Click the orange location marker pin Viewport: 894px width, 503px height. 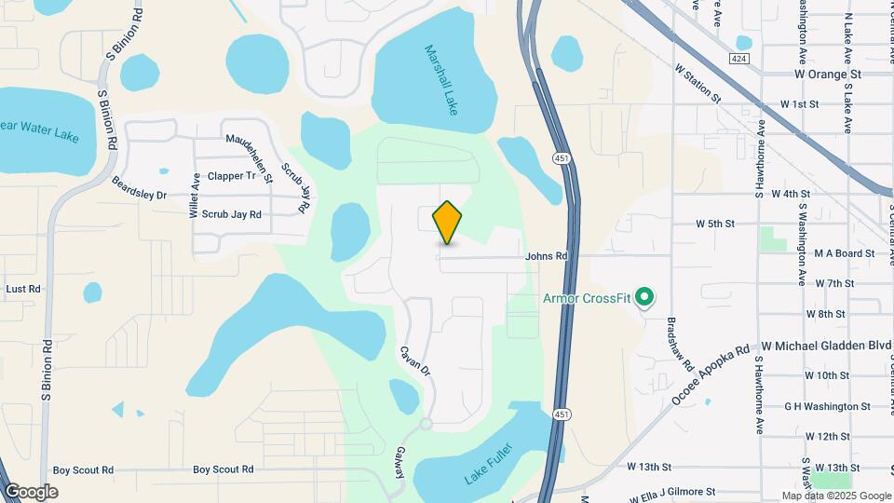448,222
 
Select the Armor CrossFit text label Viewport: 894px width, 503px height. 587,298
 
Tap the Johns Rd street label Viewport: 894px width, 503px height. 546,256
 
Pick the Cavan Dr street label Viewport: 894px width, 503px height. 415,361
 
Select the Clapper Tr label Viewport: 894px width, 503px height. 232,175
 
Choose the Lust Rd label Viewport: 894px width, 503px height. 22,290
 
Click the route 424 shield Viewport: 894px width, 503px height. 738,58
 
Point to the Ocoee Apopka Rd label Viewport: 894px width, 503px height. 711,376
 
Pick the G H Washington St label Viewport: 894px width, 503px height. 827,406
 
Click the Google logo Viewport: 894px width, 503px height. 31,492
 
